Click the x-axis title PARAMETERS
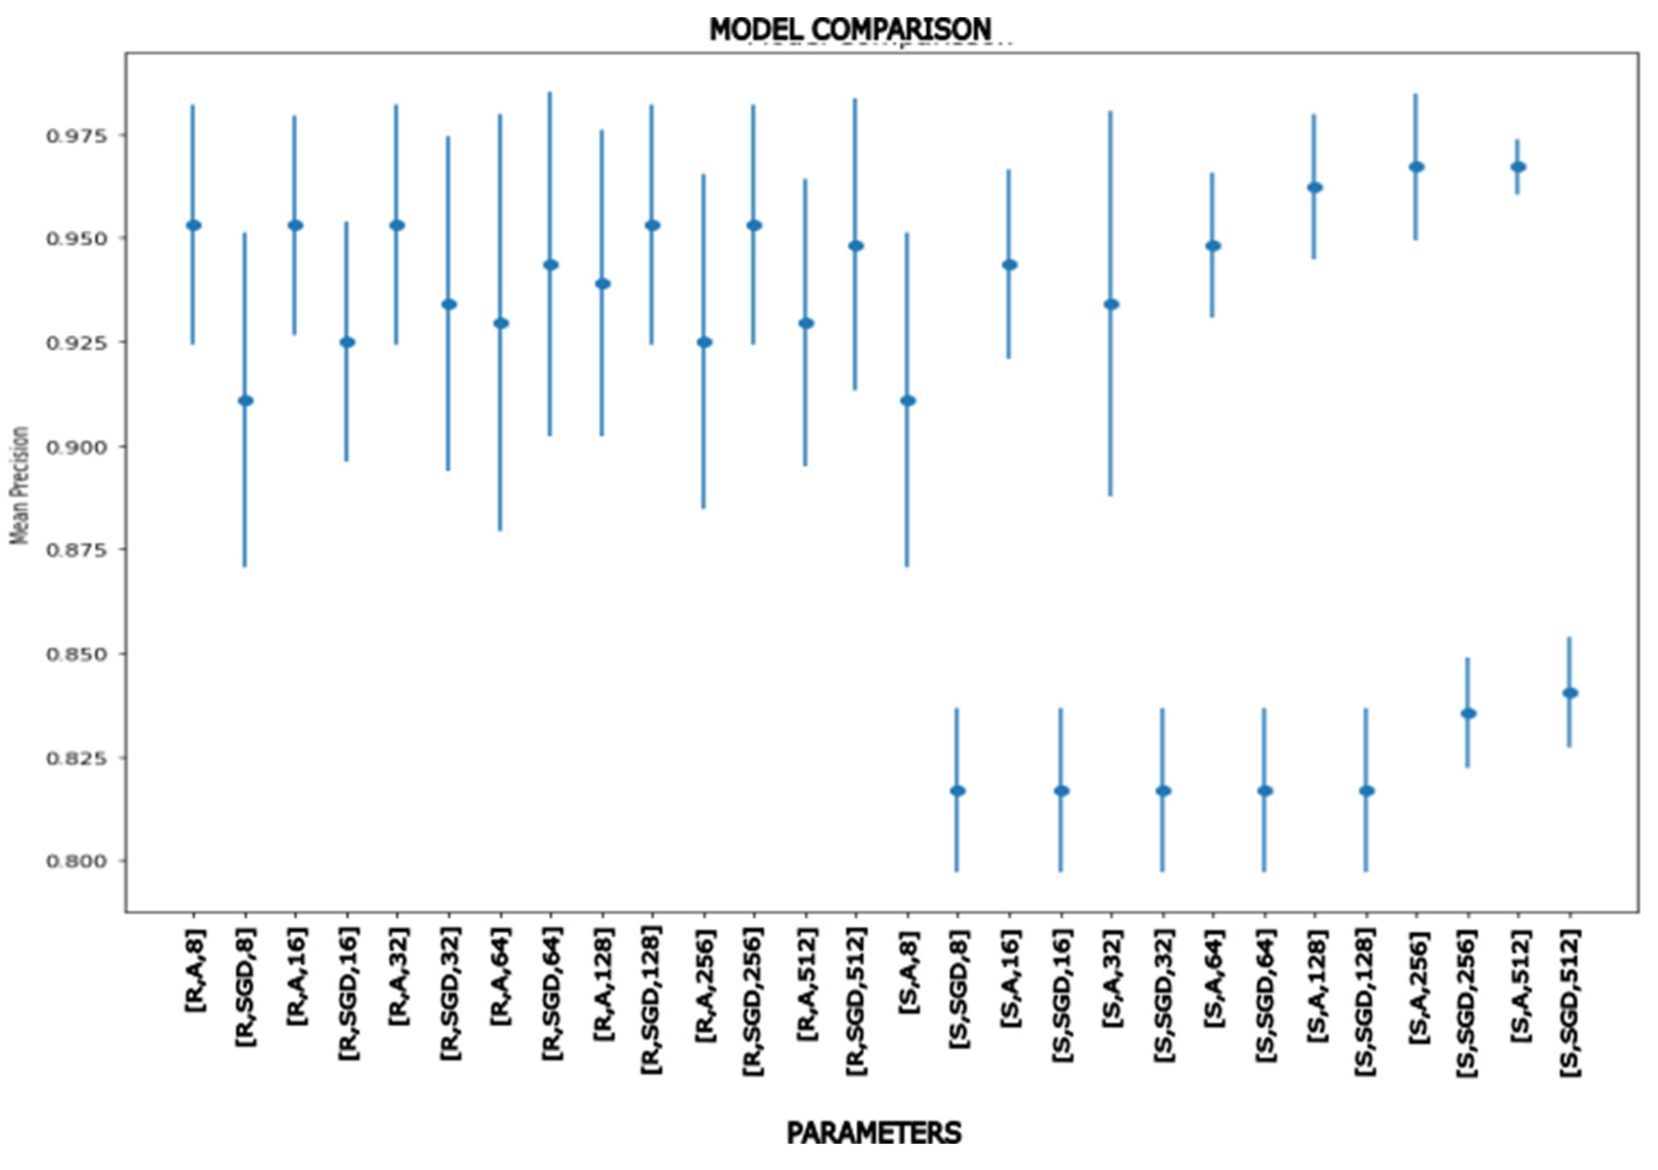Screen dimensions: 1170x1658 click(873, 1132)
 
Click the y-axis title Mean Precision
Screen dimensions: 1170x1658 click(20, 485)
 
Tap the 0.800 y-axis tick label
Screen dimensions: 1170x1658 click(75, 861)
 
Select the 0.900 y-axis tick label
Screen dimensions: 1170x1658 click(75, 447)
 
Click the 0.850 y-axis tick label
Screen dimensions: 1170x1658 click(75, 654)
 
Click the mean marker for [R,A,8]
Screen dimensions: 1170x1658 click(194, 225)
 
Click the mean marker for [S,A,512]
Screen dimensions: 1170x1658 click(1518, 167)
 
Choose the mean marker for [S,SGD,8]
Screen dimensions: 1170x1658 click(958, 791)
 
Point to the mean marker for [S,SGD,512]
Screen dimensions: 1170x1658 click(1570, 693)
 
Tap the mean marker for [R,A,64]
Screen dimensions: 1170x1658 click(501, 324)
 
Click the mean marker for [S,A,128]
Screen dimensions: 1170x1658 click(1314, 188)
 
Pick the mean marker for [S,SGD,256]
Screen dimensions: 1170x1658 click(1468, 714)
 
